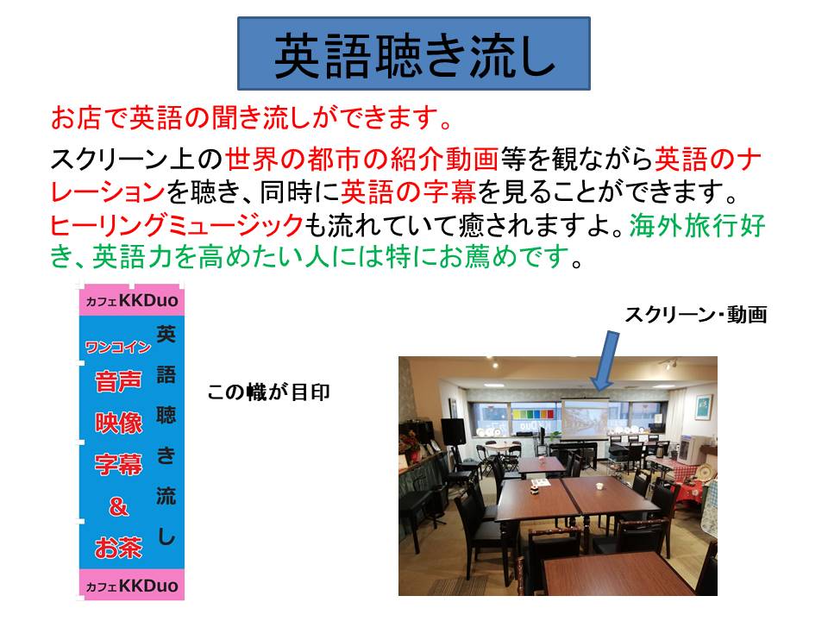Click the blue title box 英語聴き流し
tap(413, 53)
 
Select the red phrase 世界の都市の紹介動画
tap(362, 159)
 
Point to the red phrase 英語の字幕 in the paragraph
tap(408, 191)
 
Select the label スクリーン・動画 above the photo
tap(695, 315)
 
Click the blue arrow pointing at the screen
tap(605, 361)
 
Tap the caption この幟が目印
tap(269, 392)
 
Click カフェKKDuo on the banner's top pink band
tap(132, 300)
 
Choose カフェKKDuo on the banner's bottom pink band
tap(132, 586)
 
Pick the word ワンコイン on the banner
tap(118, 347)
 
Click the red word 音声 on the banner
tap(118, 380)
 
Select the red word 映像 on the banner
tap(118, 423)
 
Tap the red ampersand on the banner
tap(118, 506)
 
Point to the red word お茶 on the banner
tap(118, 548)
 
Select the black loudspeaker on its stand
tap(453, 432)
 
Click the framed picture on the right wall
tap(703, 407)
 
